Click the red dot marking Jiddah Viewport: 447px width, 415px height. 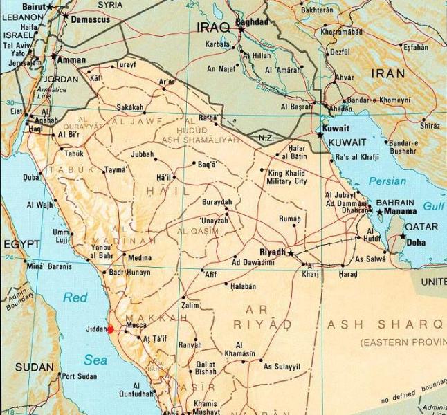[x=110, y=330]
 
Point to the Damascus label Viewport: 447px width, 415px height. [x=91, y=20]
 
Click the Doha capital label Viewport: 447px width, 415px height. [x=417, y=243]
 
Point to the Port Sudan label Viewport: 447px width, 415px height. [x=78, y=376]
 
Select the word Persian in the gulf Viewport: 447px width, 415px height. [x=387, y=181]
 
